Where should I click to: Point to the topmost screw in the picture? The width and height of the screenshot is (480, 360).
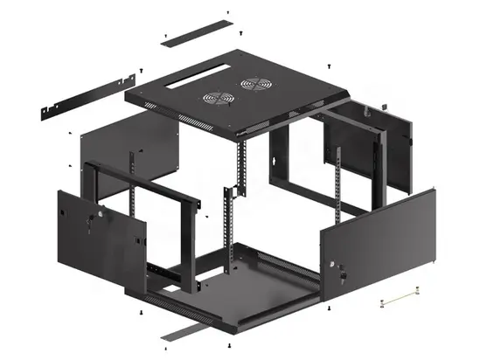227,11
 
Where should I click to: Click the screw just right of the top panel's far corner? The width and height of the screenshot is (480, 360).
326,65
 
